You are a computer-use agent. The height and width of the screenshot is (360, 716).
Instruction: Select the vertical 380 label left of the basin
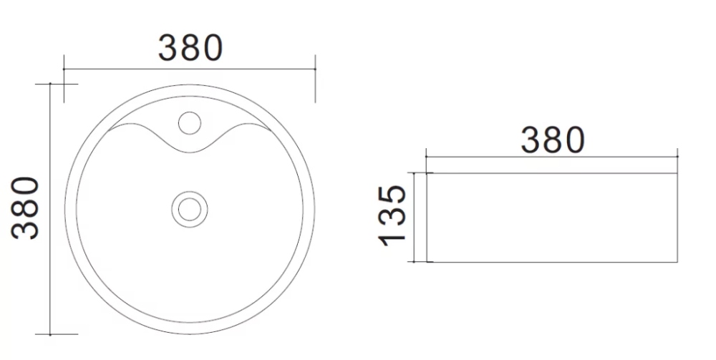(25, 208)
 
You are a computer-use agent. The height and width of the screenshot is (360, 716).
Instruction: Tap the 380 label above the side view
(553, 140)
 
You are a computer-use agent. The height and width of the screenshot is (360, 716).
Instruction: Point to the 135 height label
(392, 215)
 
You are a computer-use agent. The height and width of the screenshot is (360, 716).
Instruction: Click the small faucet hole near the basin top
(190, 122)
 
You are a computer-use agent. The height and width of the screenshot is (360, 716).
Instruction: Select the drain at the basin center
(190, 210)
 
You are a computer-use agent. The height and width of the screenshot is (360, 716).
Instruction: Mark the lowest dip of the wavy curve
(190, 153)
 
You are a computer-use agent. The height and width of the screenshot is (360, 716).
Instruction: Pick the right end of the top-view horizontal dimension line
(315, 69)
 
